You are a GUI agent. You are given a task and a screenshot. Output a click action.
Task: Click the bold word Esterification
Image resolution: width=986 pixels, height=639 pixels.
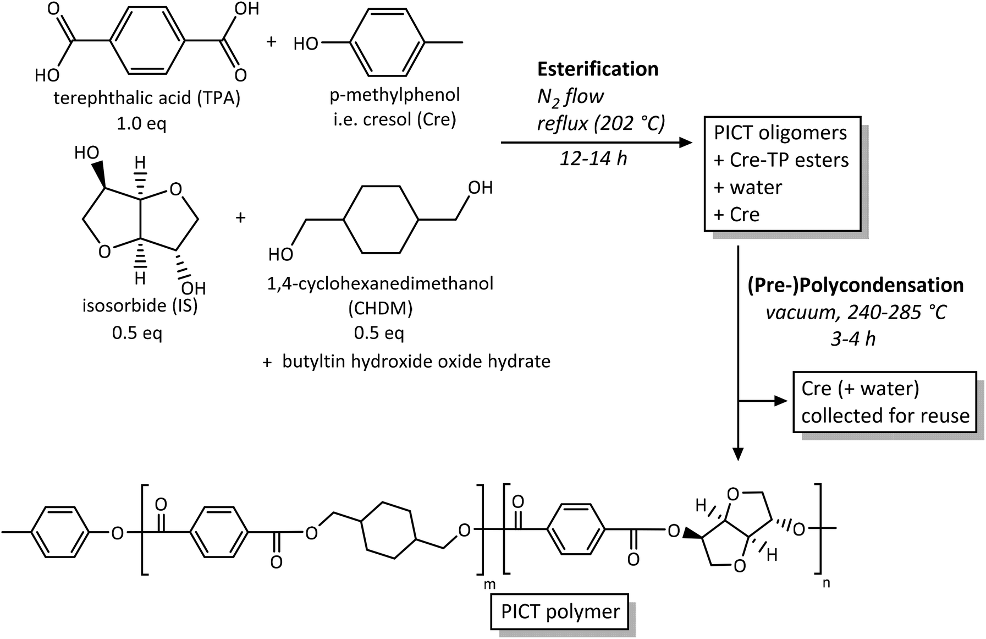(597, 69)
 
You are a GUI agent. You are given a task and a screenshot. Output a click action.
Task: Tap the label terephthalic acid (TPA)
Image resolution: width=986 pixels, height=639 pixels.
(147, 99)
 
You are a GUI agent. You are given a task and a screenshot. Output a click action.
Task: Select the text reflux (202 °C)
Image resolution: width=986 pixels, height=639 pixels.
(601, 123)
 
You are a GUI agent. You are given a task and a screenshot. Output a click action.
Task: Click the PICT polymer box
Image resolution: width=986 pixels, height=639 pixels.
(560, 611)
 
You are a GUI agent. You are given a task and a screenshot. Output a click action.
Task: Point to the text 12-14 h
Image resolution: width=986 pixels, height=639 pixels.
(593, 159)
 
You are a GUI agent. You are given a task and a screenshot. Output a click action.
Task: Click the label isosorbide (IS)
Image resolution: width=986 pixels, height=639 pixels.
(140, 305)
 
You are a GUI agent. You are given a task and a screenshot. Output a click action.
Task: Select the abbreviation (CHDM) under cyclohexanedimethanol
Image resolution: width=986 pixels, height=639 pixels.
(380, 308)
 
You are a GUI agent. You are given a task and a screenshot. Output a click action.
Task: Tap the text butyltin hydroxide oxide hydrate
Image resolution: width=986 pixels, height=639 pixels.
(416, 362)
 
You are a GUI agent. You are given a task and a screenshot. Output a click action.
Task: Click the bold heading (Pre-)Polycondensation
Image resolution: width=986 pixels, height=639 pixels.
(855, 285)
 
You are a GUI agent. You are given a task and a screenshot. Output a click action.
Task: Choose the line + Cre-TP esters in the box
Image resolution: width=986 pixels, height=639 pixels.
(781, 160)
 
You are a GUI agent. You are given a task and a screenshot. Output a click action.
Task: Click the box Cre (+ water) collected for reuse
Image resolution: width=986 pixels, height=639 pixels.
(884, 402)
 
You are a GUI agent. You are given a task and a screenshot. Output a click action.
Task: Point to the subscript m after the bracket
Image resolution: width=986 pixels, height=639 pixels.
(489, 585)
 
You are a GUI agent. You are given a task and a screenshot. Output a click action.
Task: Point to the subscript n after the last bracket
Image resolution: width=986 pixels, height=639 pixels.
(826, 582)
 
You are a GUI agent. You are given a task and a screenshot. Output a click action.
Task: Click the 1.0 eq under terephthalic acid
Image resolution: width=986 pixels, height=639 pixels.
(141, 123)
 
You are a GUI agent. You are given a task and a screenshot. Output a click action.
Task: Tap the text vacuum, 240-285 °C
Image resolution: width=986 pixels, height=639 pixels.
(856, 313)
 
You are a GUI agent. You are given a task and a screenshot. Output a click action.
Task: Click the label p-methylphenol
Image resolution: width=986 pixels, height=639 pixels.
(394, 95)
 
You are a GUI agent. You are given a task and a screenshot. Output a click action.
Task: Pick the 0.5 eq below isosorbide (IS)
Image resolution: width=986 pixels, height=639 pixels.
(137, 332)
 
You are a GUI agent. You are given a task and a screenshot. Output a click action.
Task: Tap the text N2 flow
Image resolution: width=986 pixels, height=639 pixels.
(570, 97)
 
